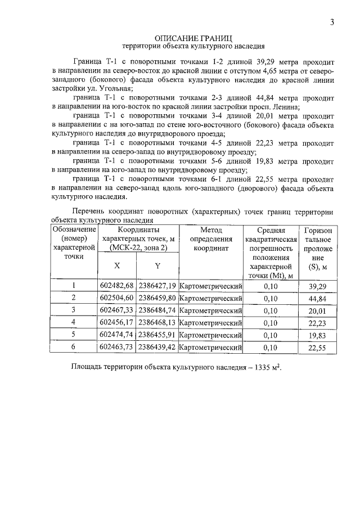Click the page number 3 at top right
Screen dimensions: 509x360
(332, 22)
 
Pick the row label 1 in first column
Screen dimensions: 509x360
(74, 286)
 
